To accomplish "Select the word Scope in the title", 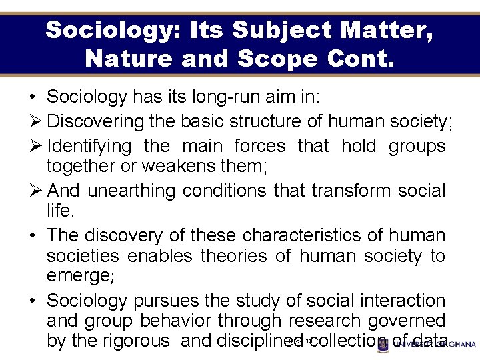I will [x=274, y=58].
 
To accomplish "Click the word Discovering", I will [x=96, y=121].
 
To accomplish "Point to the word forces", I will [x=260, y=145].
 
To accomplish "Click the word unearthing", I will [x=131, y=191].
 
